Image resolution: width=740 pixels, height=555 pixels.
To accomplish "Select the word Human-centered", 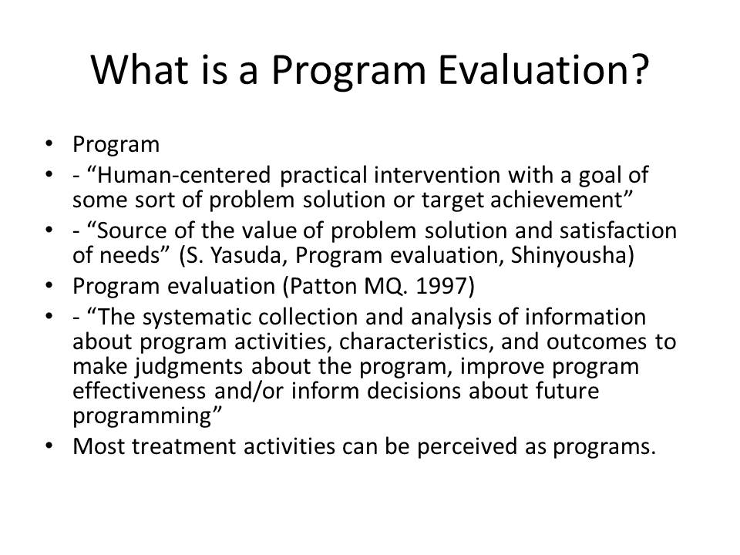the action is [x=183, y=175].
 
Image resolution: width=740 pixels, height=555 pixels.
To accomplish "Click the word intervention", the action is [x=436, y=175].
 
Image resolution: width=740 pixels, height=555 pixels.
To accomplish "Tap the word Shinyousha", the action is [x=569, y=256].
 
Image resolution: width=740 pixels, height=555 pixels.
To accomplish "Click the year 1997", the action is [x=440, y=287].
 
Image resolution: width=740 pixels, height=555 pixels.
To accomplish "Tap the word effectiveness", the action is [x=140, y=392].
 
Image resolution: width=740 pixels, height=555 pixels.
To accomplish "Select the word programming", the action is [x=143, y=416].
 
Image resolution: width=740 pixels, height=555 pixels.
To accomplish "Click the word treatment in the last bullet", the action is [x=183, y=446].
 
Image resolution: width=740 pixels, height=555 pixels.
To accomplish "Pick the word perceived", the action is [x=467, y=446].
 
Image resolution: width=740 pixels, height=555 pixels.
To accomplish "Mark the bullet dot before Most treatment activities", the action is [x=48, y=446].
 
